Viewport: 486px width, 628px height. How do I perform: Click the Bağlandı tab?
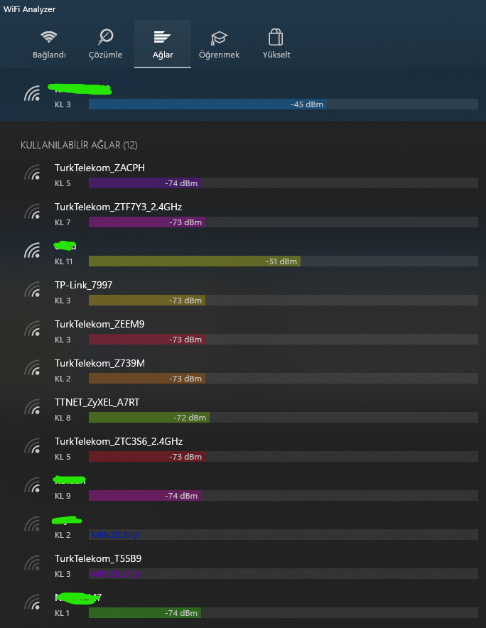pyautogui.click(x=49, y=44)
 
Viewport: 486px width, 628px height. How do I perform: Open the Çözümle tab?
pyautogui.click(x=105, y=44)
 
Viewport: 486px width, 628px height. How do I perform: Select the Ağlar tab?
pyautogui.click(x=163, y=44)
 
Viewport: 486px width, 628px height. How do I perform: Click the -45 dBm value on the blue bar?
pyautogui.click(x=307, y=104)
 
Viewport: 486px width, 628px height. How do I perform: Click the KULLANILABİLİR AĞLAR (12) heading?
pyautogui.click(x=79, y=145)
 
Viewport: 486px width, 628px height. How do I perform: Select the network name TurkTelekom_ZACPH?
pyautogui.click(x=99, y=168)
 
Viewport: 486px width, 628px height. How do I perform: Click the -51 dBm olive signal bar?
pyautogui.click(x=194, y=261)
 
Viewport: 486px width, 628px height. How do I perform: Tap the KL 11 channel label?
pyautogui.click(x=64, y=261)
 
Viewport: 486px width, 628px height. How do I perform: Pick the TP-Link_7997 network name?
pyautogui.click(x=83, y=285)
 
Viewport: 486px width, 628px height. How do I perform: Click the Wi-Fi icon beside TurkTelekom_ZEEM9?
pyautogui.click(x=33, y=330)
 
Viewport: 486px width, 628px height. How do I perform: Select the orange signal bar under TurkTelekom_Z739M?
pyautogui.click(x=147, y=379)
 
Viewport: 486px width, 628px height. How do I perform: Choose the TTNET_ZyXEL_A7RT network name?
pyautogui.click(x=97, y=402)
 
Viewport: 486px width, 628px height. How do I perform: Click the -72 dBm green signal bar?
pyautogui.click(x=149, y=418)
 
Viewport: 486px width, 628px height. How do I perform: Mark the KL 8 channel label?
pyautogui.click(x=63, y=418)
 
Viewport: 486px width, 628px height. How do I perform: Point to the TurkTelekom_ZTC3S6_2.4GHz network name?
pyautogui.click(x=119, y=441)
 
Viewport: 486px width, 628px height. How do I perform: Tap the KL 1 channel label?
pyautogui.click(x=63, y=613)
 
